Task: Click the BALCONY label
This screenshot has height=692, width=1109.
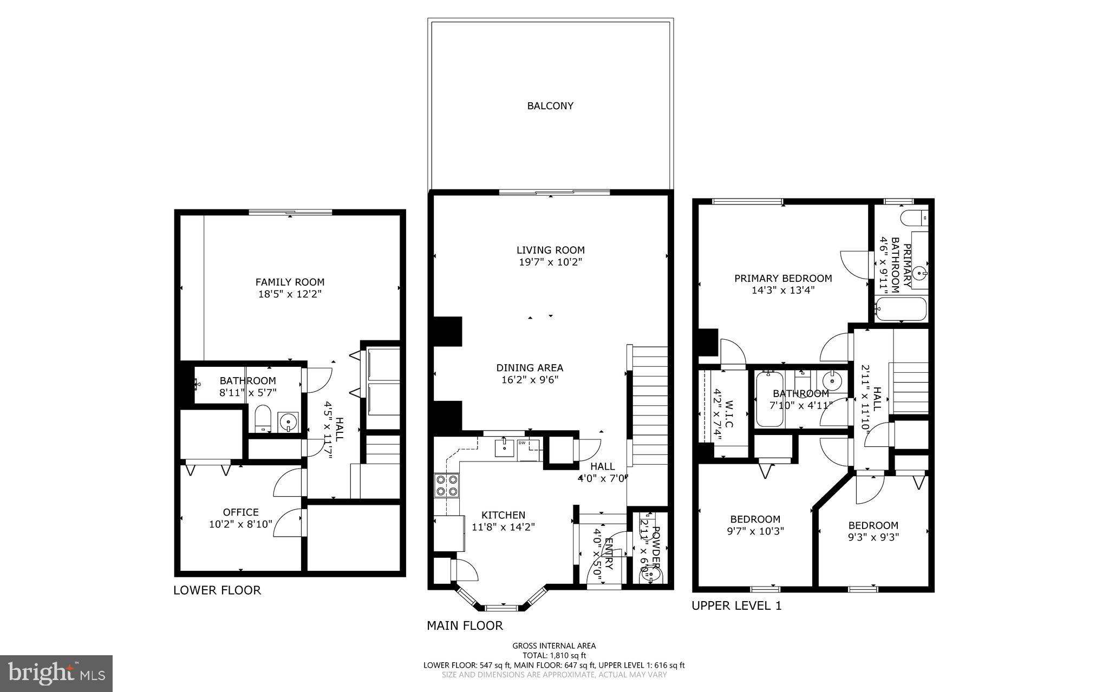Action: [550, 106]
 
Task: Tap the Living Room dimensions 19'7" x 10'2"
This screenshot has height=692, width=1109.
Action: [550, 262]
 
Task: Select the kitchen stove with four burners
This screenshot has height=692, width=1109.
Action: [447, 485]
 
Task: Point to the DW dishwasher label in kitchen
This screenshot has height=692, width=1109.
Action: [523, 443]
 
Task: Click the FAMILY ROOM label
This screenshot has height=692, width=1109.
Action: [290, 282]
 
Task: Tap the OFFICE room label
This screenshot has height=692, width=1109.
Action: [240, 512]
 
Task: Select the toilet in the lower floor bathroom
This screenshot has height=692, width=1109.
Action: [264, 418]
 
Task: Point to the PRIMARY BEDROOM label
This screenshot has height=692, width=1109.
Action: [783, 278]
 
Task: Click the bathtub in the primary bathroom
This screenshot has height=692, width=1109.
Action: [901, 309]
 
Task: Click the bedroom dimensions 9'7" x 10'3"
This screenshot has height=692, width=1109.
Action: [755, 531]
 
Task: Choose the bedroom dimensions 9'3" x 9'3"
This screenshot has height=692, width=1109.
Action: [873, 537]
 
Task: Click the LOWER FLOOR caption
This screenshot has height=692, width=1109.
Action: [217, 590]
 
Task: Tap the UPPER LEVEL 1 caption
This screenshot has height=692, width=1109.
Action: [736, 606]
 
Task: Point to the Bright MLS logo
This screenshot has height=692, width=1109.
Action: [56, 673]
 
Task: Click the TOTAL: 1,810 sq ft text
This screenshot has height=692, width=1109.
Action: [554, 655]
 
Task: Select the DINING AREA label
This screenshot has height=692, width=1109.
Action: [530, 368]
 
